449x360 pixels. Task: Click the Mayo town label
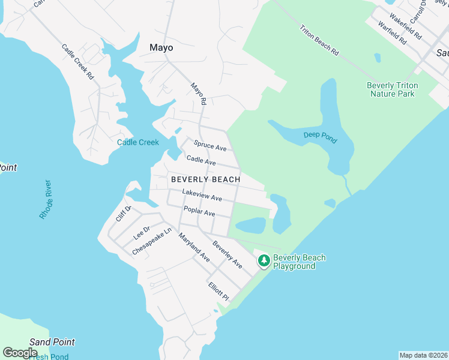tap(161, 47)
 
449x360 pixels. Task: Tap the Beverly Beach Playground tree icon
tap(264, 261)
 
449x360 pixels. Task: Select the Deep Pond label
tap(320, 137)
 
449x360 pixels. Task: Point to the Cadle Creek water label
tap(138, 142)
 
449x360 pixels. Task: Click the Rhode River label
tap(46, 199)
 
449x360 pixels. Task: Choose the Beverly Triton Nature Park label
tap(393, 89)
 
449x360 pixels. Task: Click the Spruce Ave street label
tap(210, 146)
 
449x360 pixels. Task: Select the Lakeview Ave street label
tap(202, 195)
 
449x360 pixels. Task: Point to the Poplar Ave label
tap(199, 211)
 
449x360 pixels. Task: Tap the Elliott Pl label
tap(218, 292)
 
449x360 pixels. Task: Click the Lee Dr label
tap(141, 230)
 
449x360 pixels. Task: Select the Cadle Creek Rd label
tap(78, 62)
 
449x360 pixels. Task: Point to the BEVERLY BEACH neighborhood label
tap(205, 179)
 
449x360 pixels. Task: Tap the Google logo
tap(20, 353)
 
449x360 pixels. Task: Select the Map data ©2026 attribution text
tap(423, 355)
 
